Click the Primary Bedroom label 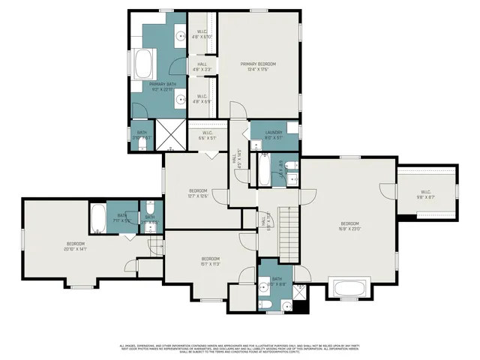click(254, 67)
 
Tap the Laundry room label click(273, 136)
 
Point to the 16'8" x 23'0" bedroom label click(349, 226)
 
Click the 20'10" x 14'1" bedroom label click(76, 247)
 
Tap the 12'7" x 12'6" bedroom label click(197, 193)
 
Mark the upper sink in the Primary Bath click(180, 34)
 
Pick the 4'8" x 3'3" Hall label click(202, 67)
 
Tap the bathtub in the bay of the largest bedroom click(349, 289)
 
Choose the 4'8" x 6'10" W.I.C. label click(202, 34)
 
